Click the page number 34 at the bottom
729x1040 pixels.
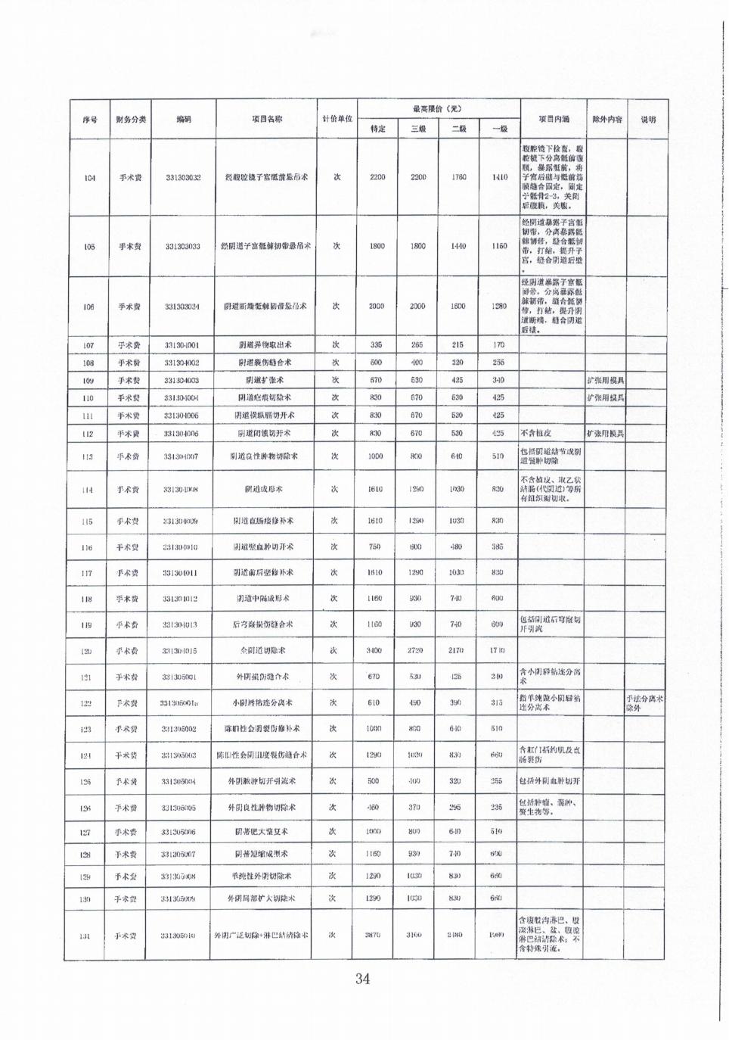pyautogui.click(x=362, y=979)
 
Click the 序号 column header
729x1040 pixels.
pyautogui.click(x=90, y=120)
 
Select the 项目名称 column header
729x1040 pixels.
pyautogui.click(x=267, y=120)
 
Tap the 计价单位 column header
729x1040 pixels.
pyautogui.click(x=337, y=120)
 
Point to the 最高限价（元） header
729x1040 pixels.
pyautogui.click(x=438, y=109)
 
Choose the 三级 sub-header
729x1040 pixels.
pyautogui.click(x=418, y=129)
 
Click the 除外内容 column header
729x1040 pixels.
pyautogui.click(x=606, y=120)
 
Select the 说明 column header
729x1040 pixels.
pyautogui.click(x=648, y=120)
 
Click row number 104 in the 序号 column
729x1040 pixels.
pyautogui.click(x=90, y=178)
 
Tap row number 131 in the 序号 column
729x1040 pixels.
pyautogui.click(x=85, y=936)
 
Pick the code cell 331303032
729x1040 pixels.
pyautogui.click(x=183, y=178)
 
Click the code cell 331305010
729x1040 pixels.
pyautogui.click(x=178, y=936)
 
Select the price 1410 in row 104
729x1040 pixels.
pyautogui.click(x=499, y=178)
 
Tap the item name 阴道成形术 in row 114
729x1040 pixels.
pyautogui.click(x=263, y=490)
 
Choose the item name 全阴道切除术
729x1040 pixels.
pyautogui.click(x=262, y=651)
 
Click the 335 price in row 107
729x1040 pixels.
pyautogui.click(x=376, y=345)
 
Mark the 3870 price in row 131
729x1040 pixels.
pyautogui.click(x=372, y=936)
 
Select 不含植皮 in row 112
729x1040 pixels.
pyautogui.click(x=536, y=434)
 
